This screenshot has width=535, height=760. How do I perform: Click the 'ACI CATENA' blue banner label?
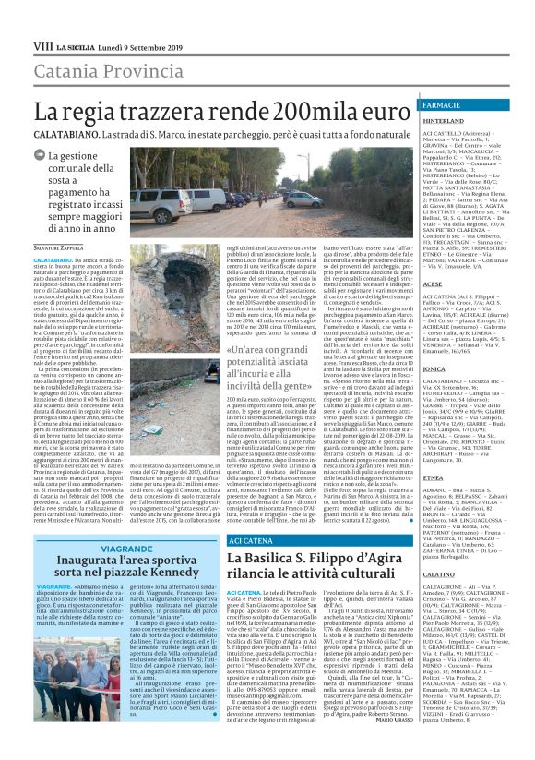225,537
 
